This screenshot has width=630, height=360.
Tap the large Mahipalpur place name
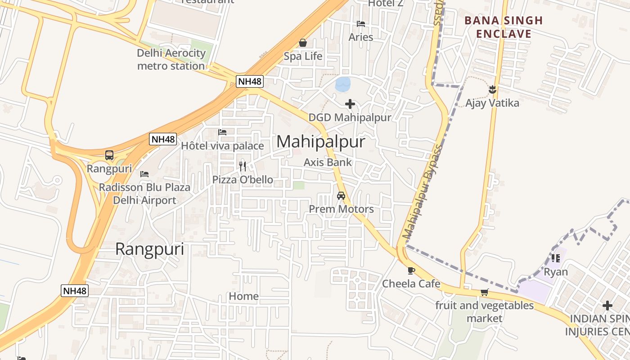(320, 142)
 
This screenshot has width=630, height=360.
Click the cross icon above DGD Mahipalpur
(350, 104)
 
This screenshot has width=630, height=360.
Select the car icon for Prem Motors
(341, 196)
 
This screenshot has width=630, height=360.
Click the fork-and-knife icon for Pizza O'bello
(243, 166)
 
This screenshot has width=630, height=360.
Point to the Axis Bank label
(328, 162)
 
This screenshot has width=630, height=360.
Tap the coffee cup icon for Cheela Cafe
(411, 270)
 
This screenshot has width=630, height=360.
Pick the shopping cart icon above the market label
(484, 292)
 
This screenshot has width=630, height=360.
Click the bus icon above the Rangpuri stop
(109, 156)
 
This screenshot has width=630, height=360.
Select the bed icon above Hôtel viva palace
(222, 132)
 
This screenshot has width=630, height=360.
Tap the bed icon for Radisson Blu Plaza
(144, 174)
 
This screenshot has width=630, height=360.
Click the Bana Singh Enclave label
(504, 27)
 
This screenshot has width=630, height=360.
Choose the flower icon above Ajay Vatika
(492, 90)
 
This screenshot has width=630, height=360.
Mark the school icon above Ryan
(556, 258)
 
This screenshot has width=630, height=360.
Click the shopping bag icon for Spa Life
(303, 43)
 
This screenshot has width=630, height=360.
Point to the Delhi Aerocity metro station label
(171, 59)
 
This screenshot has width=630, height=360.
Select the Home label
(243, 296)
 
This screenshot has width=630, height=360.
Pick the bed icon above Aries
(360, 24)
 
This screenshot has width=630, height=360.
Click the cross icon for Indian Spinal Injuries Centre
(607, 306)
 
